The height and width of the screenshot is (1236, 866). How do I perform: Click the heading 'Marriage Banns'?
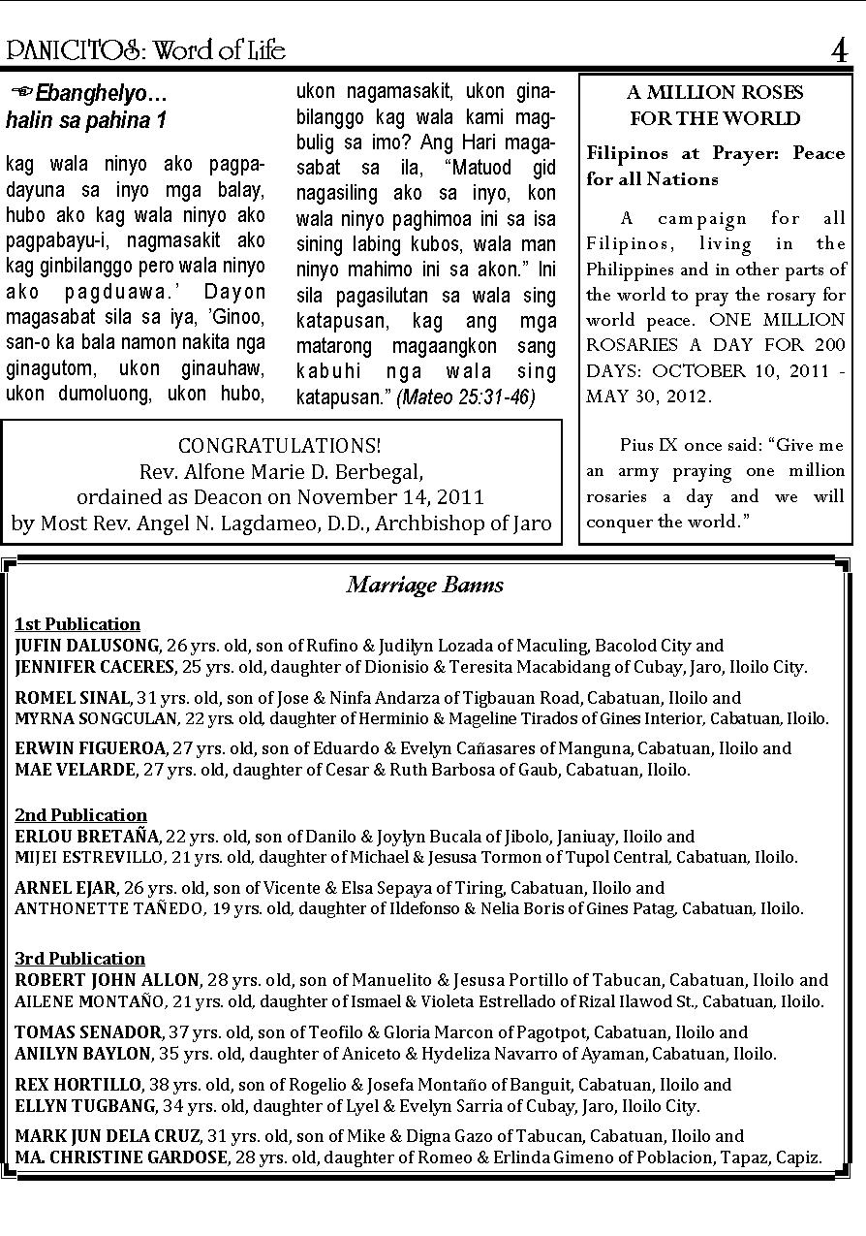pos(425,585)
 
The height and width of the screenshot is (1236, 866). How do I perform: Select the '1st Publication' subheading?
pos(77,624)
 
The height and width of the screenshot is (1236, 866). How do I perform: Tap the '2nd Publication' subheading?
pos(81,815)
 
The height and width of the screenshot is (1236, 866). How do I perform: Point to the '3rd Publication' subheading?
pos(80,959)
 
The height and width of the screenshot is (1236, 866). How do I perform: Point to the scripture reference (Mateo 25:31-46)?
pos(466,397)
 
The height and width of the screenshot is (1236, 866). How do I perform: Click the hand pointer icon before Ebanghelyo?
pos(21,93)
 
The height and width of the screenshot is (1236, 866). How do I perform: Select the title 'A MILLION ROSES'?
pos(715,93)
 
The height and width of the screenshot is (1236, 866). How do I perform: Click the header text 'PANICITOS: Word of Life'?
pos(145,49)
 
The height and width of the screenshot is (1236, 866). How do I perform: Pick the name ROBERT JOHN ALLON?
pos(108,980)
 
